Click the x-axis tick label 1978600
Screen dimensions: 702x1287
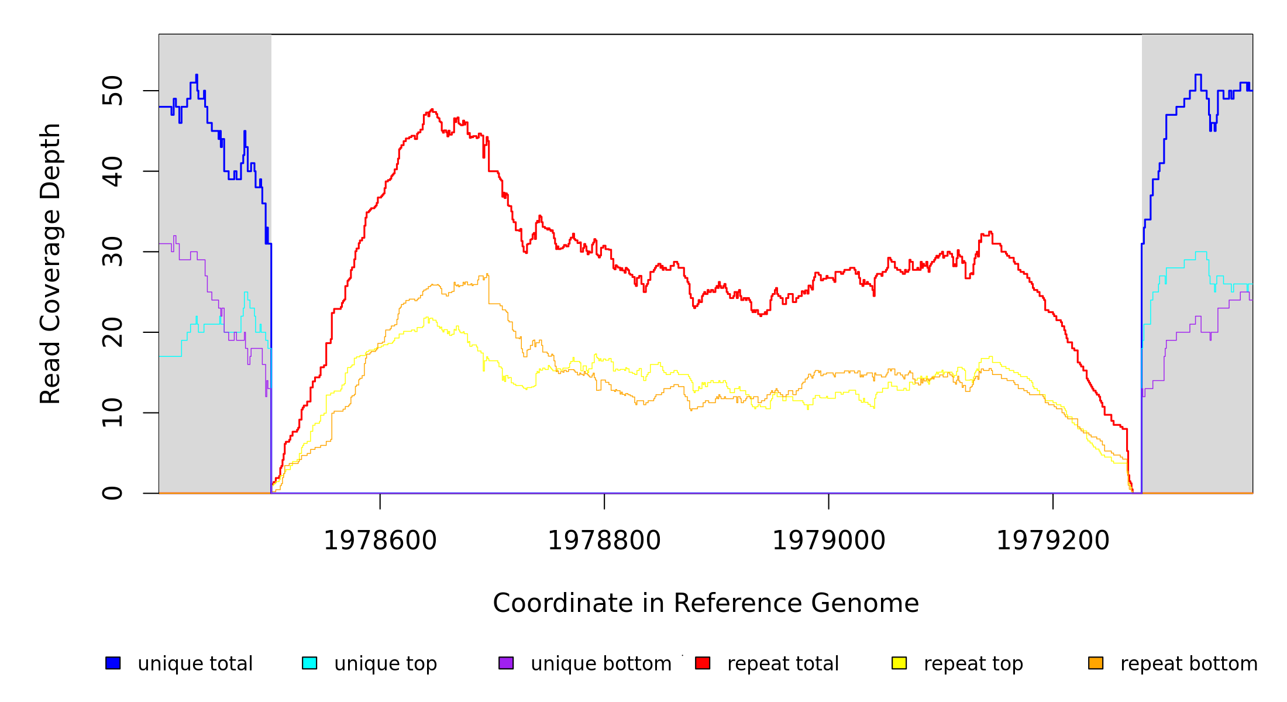pos(380,541)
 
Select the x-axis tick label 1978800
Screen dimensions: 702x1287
pos(604,541)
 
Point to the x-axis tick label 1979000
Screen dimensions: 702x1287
pos(829,541)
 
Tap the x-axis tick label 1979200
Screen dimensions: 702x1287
pos(1053,541)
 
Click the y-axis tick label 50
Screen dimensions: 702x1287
pos(112,91)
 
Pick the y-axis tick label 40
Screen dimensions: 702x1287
pos(112,171)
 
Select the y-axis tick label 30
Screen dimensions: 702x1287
pos(112,252)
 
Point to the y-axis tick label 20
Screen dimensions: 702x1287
pos(112,332)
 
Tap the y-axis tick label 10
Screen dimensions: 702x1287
pos(112,412)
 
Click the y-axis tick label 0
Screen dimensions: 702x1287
pos(112,493)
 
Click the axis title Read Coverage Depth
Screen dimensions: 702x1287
pos(50,263)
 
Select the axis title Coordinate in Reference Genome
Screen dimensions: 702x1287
pos(706,603)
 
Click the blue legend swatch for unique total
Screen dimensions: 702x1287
pos(113,663)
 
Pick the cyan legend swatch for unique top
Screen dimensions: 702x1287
pos(309,663)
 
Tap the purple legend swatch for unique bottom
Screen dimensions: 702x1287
pos(506,663)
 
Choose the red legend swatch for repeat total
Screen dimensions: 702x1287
pos(703,663)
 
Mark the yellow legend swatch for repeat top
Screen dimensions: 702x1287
pos(899,663)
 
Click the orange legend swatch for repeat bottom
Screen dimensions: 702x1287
pos(1096,663)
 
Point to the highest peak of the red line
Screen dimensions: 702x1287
pos(432,109)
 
